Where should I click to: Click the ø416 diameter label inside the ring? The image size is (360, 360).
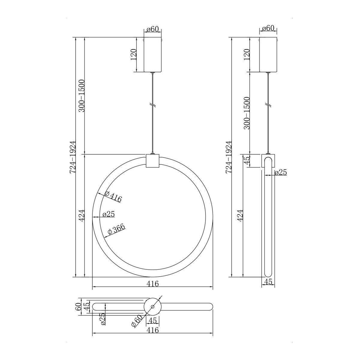113,197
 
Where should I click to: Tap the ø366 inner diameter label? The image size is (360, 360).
116,230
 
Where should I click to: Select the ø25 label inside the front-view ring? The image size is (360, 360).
109,214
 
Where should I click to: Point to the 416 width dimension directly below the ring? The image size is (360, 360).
152,284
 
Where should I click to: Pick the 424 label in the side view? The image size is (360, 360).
241,216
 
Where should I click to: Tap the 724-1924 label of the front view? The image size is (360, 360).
73,157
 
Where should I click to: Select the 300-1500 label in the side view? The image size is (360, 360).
247,113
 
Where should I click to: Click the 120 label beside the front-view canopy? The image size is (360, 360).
133,54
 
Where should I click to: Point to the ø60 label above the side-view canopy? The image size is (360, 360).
268,28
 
